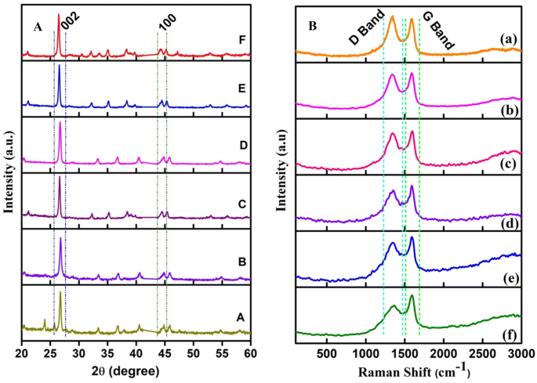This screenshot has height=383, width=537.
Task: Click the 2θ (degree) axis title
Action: (136, 370)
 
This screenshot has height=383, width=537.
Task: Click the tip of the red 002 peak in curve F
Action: (58, 14)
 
